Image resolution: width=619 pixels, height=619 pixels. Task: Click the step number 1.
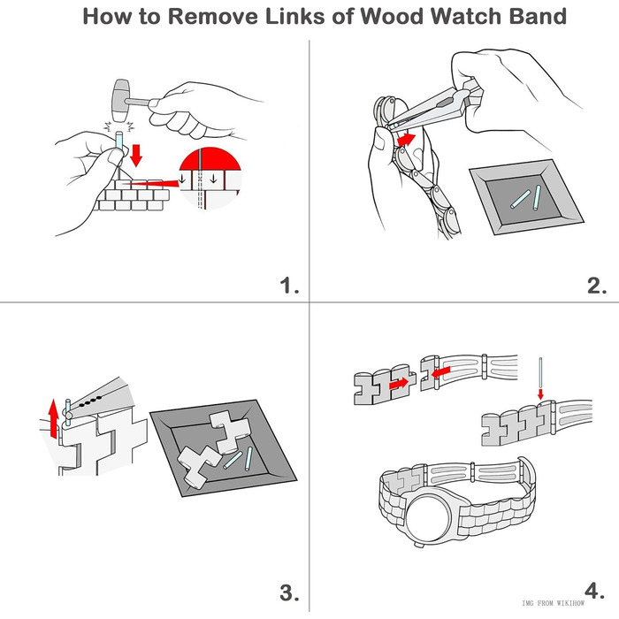pos(289,285)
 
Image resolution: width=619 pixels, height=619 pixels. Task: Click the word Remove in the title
pos(193,17)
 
